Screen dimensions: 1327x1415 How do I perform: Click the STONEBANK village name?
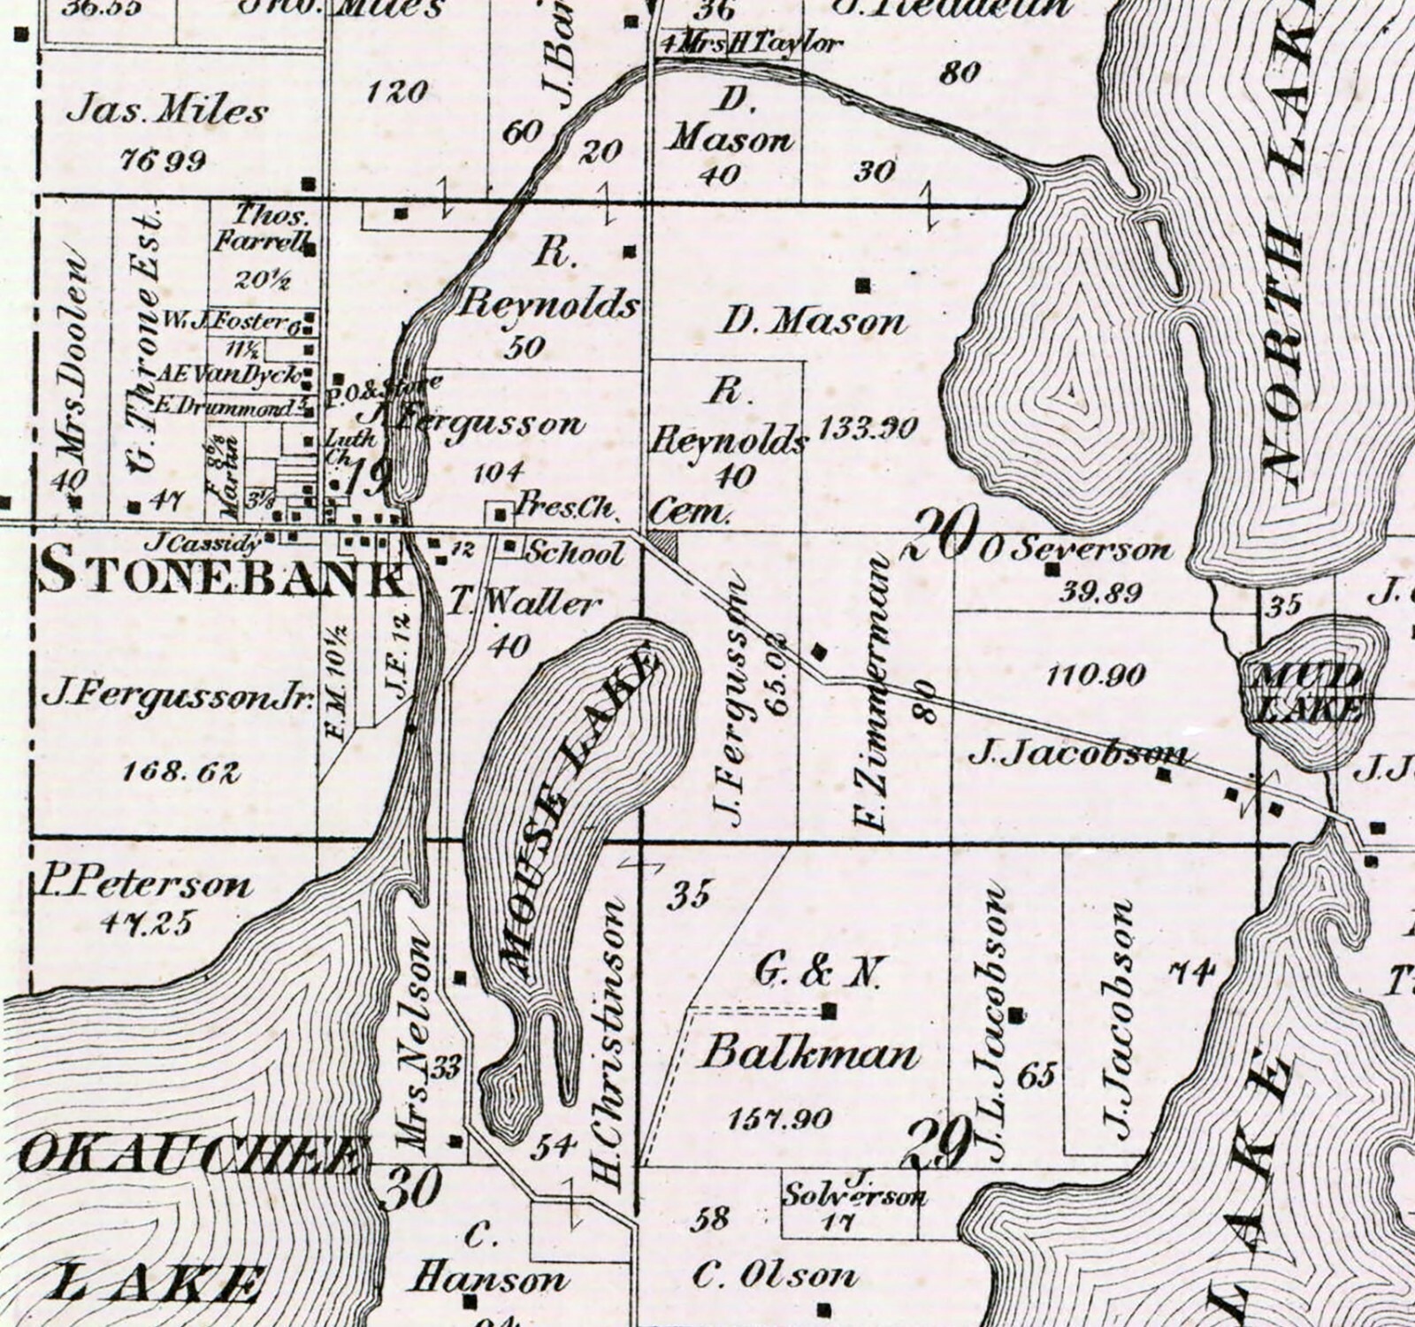221,573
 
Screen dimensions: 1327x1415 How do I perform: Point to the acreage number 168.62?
181,771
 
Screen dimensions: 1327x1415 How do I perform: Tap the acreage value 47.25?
146,922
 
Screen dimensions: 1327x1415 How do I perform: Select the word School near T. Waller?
575,553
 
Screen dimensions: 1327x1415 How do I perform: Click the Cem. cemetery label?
691,512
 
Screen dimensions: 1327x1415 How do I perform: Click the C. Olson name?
775,1275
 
